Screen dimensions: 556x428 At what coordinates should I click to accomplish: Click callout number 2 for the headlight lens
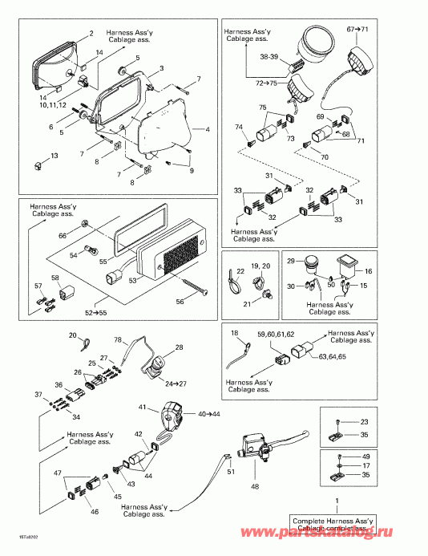point(91,33)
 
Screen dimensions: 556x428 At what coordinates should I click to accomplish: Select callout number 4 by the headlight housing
point(207,128)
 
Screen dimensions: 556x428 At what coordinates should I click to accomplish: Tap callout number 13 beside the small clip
point(55,156)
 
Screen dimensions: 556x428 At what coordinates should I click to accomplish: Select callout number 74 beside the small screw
point(238,128)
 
